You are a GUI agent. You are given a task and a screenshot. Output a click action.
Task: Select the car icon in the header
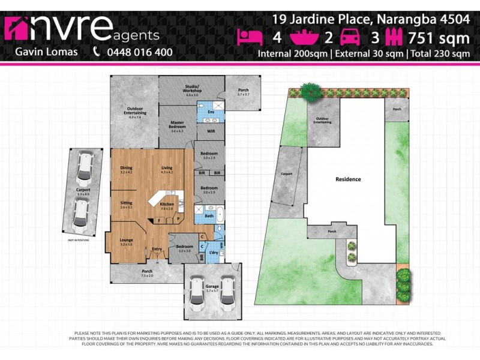(350, 38)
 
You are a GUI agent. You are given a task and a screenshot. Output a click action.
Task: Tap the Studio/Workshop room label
(192, 92)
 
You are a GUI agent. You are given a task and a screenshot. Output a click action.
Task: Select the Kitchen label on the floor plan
(167, 205)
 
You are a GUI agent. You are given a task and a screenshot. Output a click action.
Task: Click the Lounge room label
(126, 241)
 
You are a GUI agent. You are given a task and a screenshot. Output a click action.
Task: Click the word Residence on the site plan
(348, 179)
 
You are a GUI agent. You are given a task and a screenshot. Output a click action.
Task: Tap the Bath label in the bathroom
(209, 215)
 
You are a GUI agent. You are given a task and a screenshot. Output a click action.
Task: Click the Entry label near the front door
(157, 249)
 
